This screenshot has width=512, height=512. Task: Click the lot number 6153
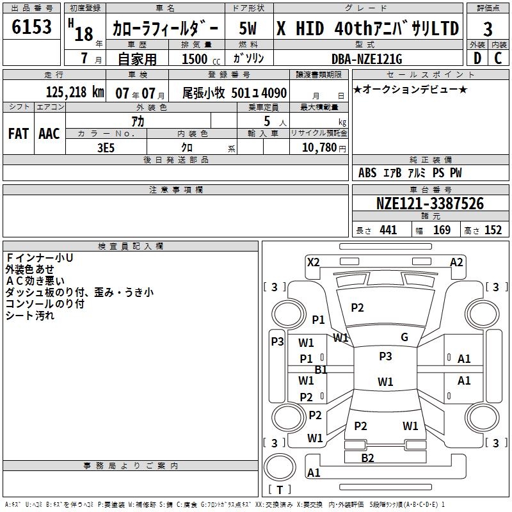(x=31, y=28)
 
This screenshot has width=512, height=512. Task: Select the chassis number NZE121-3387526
(x=429, y=204)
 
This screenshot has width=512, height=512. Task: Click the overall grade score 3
(x=488, y=29)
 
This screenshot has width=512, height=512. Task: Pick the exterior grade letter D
(x=477, y=59)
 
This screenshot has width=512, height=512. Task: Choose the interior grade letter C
(x=498, y=59)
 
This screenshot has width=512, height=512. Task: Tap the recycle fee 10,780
(x=319, y=147)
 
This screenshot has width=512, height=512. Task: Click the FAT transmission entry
(x=18, y=133)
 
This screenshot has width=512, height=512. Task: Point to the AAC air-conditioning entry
(x=49, y=133)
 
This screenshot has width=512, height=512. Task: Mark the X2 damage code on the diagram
(x=313, y=262)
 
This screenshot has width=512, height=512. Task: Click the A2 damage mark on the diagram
(x=456, y=262)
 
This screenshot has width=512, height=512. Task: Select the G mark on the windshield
(x=404, y=337)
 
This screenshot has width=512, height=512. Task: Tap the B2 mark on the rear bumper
(x=367, y=458)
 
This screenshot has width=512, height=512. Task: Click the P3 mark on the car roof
(x=385, y=356)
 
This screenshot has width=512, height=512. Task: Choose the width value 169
(x=442, y=230)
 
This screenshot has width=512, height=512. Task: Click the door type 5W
(x=250, y=29)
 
